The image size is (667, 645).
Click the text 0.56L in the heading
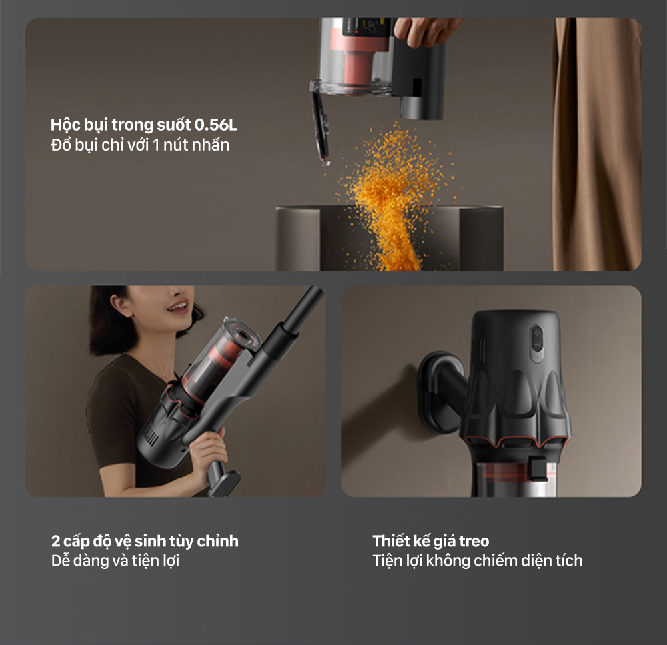tap(215, 125)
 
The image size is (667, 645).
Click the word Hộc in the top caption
tap(65, 125)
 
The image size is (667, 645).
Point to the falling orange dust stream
tap(394, 193)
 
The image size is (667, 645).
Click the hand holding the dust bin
tap(427, 30)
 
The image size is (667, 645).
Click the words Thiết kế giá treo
tap(430, 540)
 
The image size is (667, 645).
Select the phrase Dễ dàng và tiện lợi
tap(115, 560)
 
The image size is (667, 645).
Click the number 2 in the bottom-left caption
tap(55, 540)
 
